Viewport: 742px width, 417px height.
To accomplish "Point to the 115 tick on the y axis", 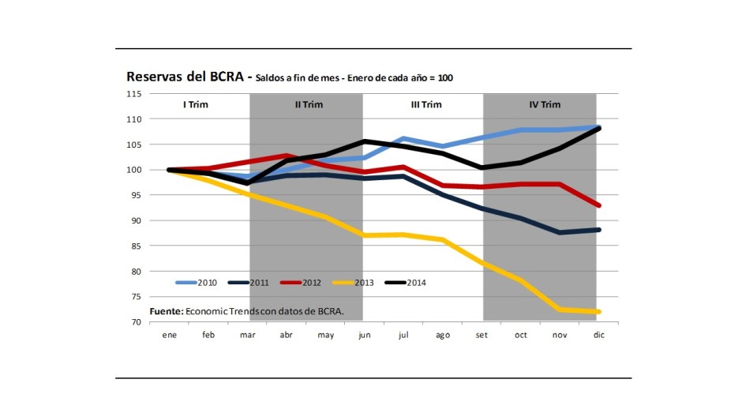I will point(133,94).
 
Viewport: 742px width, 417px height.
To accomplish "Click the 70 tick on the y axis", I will point(136,322).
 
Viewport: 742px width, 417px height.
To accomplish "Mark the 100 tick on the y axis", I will point(133,170).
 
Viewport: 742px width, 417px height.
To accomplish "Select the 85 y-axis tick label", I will point(136,246).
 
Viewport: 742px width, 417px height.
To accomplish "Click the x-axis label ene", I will point(169,335).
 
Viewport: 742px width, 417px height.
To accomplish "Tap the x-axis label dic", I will point(598,335).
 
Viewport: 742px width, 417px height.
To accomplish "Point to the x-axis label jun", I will point(365,335).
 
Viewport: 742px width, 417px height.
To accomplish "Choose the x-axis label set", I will point(482,335).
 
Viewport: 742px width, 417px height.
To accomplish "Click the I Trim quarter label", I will point(195,104).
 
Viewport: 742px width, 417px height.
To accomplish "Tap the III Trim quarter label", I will point(425,104).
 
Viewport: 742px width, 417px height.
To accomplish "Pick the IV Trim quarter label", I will point(545,104).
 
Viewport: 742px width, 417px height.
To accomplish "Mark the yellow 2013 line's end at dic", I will point(598,312).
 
